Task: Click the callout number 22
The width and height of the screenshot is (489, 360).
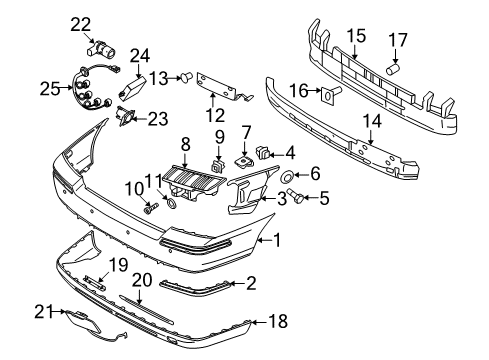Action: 80,24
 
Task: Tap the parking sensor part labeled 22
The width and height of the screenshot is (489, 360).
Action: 101,49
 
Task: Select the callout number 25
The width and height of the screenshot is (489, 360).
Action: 50,89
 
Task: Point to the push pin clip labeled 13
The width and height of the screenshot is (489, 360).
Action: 187,77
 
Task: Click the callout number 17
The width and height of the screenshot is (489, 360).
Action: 398,40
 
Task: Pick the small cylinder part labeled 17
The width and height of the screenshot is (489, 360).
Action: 393,70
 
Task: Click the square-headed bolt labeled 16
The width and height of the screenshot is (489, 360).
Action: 331,94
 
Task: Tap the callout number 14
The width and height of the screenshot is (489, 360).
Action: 372,121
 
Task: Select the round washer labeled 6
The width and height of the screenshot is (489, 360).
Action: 286,177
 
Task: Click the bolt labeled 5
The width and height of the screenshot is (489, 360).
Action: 295,195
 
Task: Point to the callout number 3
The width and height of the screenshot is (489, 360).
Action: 282,199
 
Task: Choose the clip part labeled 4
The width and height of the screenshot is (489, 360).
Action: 263,152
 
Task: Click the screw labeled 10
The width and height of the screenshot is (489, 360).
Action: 151,209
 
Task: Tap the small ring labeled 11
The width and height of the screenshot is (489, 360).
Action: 171,203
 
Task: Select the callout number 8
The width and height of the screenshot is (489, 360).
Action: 186,144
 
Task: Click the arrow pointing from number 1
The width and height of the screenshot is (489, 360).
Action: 265,240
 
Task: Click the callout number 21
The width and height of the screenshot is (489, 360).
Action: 44,312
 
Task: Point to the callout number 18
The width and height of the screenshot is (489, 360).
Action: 278,321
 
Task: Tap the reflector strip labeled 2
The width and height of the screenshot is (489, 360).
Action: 195,287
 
